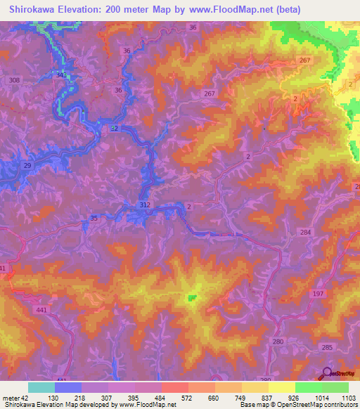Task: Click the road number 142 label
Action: [x=62, y=74]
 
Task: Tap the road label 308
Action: [x=14, y=81]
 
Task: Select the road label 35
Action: [x=94, y=219]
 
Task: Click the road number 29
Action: [x=27, y=164]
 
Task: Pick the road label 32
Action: [x=114, y=127]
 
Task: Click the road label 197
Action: [x=318, y=292]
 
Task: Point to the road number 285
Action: [x=326, y=347]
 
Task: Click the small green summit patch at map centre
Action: [x=191, y=299]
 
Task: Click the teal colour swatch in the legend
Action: [x=41, y=387]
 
